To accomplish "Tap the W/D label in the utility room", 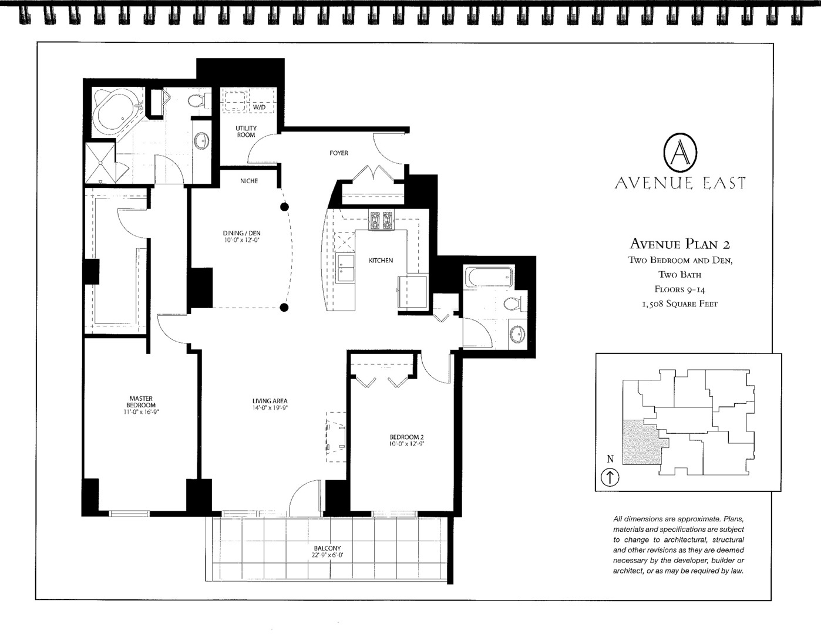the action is [259, 107].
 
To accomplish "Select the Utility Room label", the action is [246, 131].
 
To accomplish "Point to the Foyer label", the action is [338, 153].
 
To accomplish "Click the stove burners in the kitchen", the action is [381, 221].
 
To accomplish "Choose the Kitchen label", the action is [381, 260].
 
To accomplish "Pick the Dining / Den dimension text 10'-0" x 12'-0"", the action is [241, 240].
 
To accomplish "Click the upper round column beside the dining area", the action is [284, 207].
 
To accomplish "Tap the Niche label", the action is [249, 181].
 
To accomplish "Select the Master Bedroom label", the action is [141, 402].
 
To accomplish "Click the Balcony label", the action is [327, 548].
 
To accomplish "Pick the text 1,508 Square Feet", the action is [679, 303].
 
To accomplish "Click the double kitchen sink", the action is [345, 268].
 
